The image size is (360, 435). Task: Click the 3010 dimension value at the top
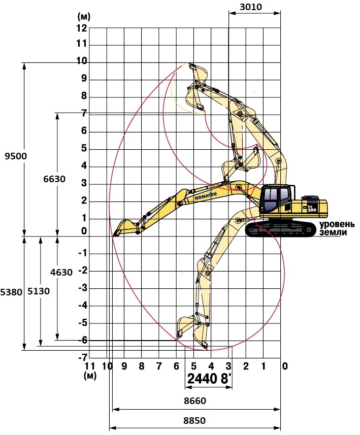251,7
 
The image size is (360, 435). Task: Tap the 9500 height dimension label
16,156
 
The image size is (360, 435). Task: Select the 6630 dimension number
54,179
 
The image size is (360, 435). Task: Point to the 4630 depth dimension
61,273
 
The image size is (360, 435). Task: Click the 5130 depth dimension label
39,291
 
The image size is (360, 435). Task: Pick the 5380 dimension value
11,292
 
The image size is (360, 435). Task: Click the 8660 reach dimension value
195,401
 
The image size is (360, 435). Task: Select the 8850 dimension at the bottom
194,421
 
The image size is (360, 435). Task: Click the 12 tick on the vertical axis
82,28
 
